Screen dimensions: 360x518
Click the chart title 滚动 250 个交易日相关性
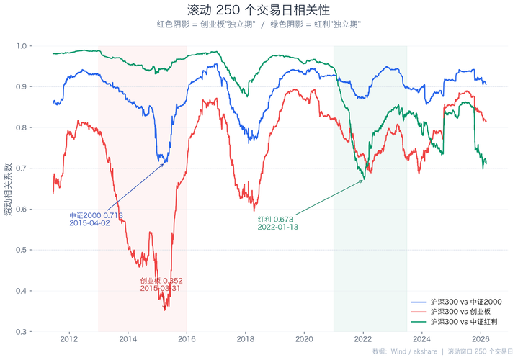[259, 10]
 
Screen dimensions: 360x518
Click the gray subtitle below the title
[259, 24]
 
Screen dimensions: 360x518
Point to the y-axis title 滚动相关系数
[9, 189]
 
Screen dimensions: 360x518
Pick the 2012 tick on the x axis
[69, 338]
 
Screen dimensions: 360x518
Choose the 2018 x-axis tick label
[246, 338]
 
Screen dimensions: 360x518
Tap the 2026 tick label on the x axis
[480, 338]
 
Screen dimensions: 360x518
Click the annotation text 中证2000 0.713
[96, 215]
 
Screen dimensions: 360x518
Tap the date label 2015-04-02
[90, 223]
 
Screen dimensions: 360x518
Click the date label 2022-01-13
[278, 227]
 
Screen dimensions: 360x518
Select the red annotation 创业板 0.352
[161, 280]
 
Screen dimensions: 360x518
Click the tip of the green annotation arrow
[365, 179]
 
